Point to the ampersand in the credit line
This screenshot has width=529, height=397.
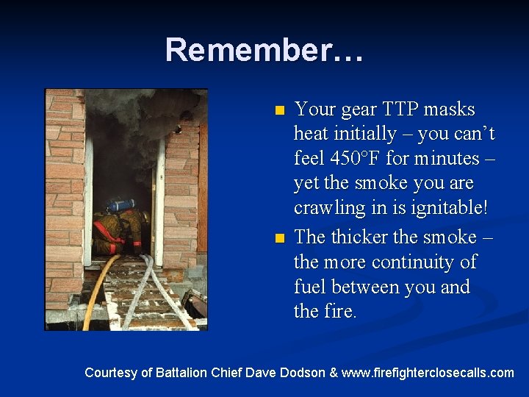pos(334,373)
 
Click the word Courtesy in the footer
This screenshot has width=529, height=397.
pos(110,373)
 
